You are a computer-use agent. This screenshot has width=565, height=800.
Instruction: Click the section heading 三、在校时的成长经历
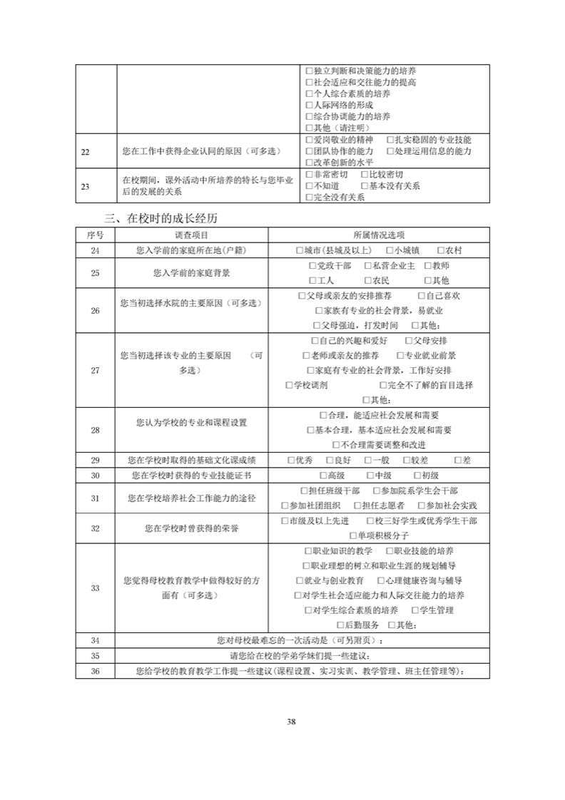(166, 217)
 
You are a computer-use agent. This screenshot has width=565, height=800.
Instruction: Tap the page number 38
(291, 721)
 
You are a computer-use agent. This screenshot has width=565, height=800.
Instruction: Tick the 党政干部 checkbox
(312, 265)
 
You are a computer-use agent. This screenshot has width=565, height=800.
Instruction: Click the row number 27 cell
(96, 370)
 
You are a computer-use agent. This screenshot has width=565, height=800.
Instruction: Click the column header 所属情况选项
(378, 235)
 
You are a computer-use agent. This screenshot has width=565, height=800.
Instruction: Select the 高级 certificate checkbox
(322, 475)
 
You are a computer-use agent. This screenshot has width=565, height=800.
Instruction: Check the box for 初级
(417, 475)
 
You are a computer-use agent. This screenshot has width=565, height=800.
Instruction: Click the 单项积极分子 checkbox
(353, 535)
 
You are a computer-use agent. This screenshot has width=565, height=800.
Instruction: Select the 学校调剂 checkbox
(289, 385)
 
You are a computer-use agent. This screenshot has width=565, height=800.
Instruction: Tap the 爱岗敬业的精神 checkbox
(309, 140)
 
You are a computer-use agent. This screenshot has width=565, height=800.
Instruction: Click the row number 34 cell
(96, 640)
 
